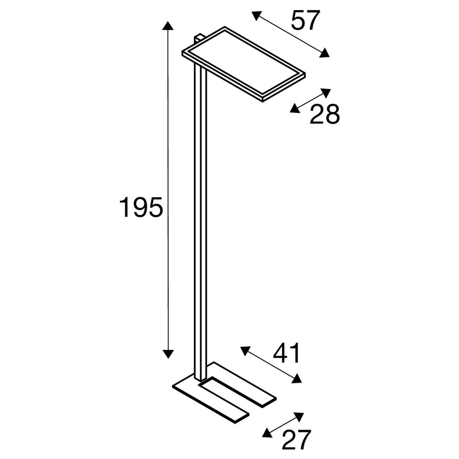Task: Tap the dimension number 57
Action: [x=305, y=21]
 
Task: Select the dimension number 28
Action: [x=324, y=114]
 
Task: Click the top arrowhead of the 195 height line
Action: [x=168, y=26]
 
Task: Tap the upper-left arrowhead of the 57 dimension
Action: [x=257, y=15]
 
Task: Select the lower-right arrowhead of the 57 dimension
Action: [x=324, y=53]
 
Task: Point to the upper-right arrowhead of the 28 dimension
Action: [x=326, y=93]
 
